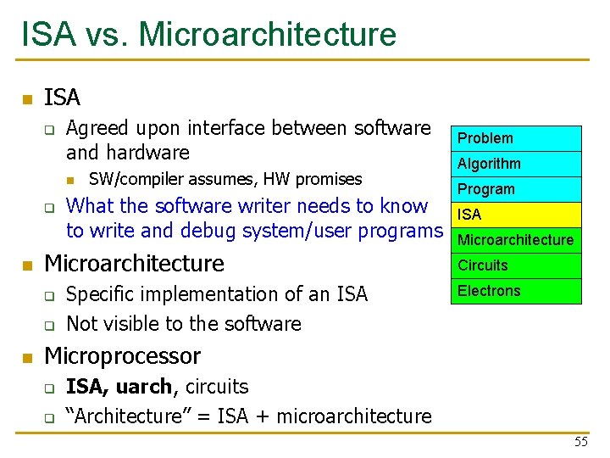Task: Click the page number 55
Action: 580,442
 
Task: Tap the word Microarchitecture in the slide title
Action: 267,35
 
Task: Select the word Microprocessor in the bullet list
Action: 122,355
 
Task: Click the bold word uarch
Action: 143,387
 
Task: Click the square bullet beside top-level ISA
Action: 27,99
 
